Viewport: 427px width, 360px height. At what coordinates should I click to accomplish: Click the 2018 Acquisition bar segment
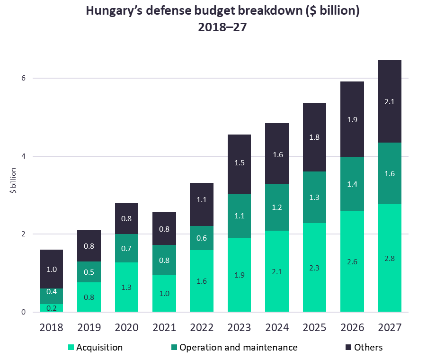pos(51,308)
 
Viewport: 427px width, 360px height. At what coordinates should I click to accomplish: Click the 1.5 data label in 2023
pos(239,162)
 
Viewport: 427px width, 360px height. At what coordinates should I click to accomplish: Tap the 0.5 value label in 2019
pos(89,272)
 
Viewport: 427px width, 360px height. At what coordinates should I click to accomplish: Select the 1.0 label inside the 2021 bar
pos(164,293)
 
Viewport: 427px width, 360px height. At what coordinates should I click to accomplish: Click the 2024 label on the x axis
pos(276,327)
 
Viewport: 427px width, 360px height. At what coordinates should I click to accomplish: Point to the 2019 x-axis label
pos(89,327)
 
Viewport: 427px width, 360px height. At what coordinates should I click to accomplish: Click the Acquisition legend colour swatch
pos(71,348)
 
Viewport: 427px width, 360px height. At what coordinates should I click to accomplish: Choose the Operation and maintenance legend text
pos(239,348)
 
